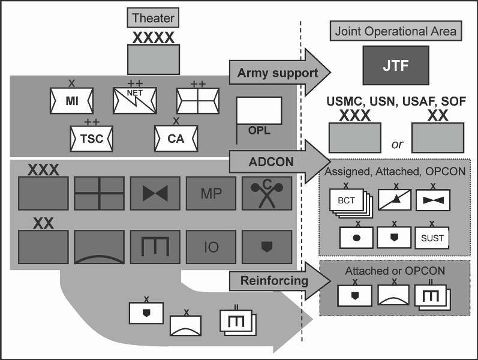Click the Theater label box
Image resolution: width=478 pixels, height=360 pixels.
tap(152, 18)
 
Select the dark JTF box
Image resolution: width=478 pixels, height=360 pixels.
tap(395, 65)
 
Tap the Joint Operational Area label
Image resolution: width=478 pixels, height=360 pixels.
tap(395, 31)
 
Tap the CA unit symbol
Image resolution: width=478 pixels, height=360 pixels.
tap(176, 139)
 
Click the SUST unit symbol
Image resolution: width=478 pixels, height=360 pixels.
tap(432, 238)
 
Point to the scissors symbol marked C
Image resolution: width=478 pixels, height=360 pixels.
tap(267, 193)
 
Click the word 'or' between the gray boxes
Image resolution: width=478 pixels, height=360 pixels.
tap(396, 145)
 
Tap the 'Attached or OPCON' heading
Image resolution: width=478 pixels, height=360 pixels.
tap(395, 271)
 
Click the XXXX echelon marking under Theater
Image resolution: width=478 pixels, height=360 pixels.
tap(153, 38)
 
